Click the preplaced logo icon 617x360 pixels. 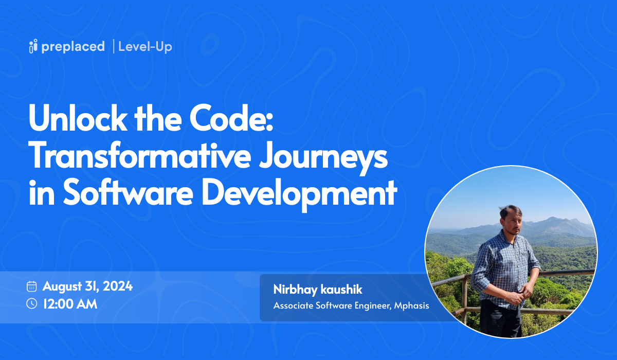[33, 46]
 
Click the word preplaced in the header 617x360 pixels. [73, 47]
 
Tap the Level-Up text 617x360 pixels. [145, 47]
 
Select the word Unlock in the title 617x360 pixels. [78, 118]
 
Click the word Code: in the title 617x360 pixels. [231, 118]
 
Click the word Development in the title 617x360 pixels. [299, 194]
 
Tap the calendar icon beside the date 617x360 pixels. [32, 286]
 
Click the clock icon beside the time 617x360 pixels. [32, 303]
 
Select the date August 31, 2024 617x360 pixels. [87, 286]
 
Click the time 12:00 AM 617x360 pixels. [70, 304]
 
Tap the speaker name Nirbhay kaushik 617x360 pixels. [318, 290]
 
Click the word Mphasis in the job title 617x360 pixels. [411, 305]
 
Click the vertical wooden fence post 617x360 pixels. [464, 299]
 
